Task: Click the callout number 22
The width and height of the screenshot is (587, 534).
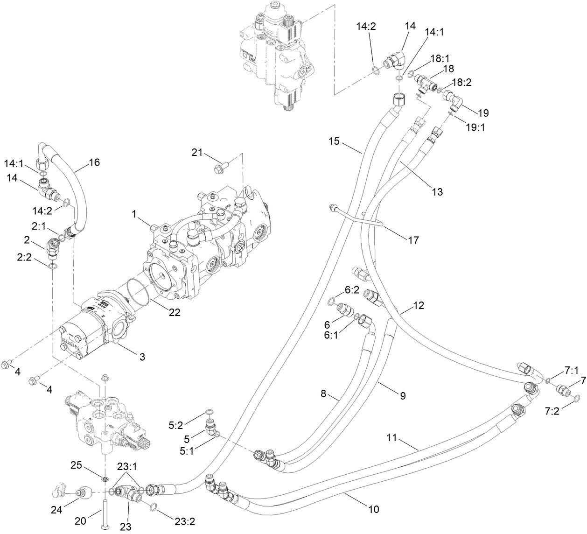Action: point(174,313)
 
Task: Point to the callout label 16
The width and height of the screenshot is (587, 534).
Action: point(94,162)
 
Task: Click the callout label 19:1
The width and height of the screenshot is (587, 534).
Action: point(475,126)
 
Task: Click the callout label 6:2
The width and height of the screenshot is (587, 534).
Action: point(351,290)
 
